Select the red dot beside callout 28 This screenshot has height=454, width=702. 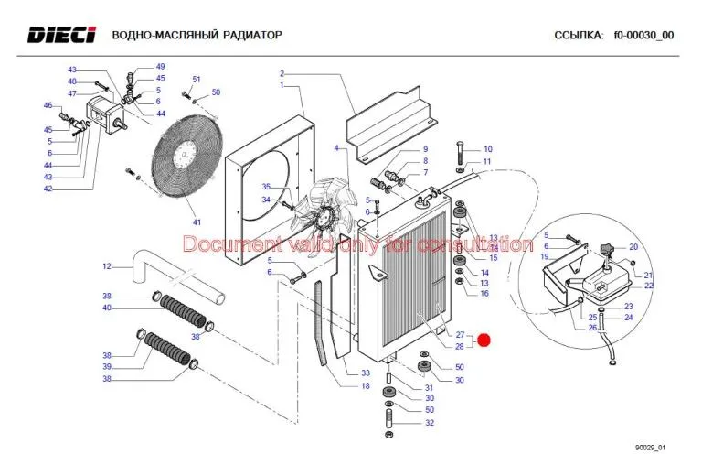click(484, 340)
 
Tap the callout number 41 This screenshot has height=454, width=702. click(196, 222)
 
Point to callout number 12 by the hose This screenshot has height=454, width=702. click(106, 266)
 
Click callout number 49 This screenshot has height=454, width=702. click(160, 67)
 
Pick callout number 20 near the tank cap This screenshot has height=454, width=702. click(633, 247)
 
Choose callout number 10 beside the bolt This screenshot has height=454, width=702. click(487, 149)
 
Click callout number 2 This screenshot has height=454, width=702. click(282, 73)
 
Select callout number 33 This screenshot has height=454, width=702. click(365, 373)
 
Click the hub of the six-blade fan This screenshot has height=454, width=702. click(323, 218)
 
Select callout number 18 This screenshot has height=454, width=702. click(365, 386)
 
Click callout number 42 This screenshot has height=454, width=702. click(48, 189)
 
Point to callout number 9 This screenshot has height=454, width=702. click(424, 149)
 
